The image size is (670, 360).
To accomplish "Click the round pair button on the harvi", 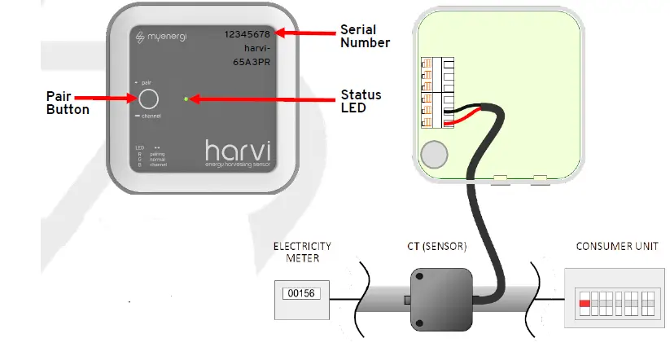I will pos(147,99).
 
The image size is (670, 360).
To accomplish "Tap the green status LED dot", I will pos(186,99).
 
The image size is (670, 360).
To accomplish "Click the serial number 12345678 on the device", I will pos(249,34).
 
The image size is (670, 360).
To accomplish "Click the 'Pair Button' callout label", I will pos(68,103).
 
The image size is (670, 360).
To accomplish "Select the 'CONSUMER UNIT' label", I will pos(615,245).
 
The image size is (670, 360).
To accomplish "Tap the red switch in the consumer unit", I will pos(584,302).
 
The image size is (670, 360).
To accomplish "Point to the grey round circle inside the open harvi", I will pos(436,152).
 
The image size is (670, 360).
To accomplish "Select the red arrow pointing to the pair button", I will pos(113,99).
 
